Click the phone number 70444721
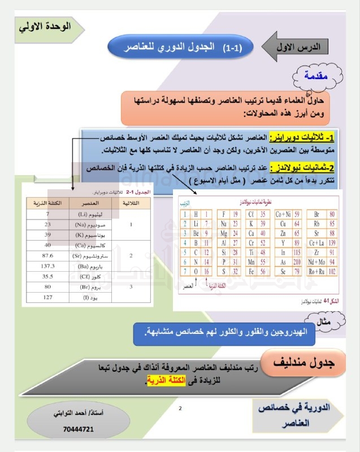point(75,429)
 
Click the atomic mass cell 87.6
point(47,255)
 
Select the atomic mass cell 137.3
point(47,266)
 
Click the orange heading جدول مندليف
point(308,365)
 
